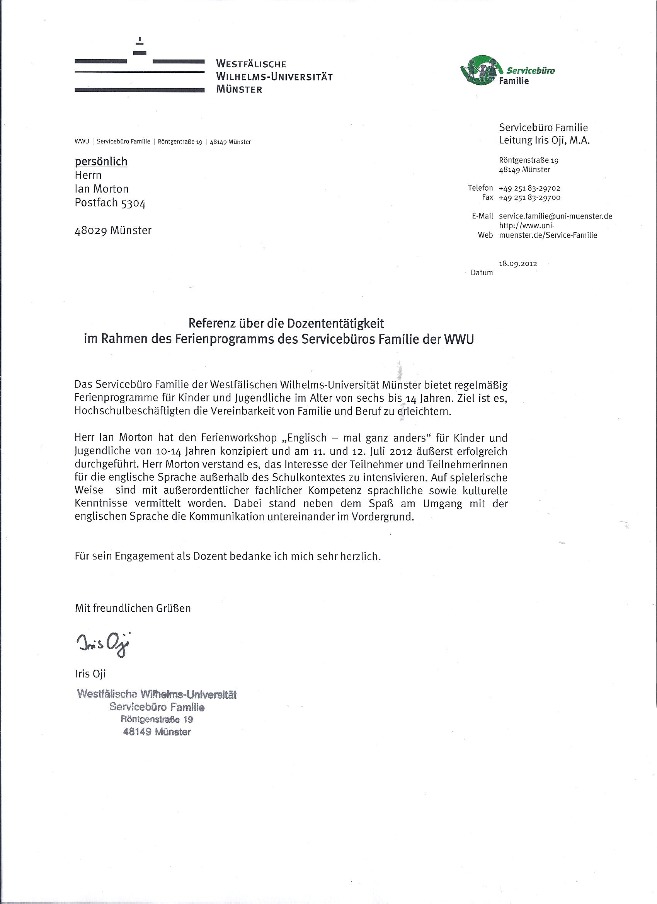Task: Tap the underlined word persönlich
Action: [101, 162]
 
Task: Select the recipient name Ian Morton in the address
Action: [102, 189]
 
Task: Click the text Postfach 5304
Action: [110, 203]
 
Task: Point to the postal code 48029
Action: [90, 230]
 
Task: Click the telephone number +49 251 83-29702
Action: [529, 188]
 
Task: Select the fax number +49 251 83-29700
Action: [529, 197]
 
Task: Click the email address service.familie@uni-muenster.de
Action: [555, 216]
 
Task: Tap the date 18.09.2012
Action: [517, 263]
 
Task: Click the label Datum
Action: [482, 273]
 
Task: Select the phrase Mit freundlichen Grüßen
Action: [133, 608]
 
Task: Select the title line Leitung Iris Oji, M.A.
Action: [544, 140]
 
